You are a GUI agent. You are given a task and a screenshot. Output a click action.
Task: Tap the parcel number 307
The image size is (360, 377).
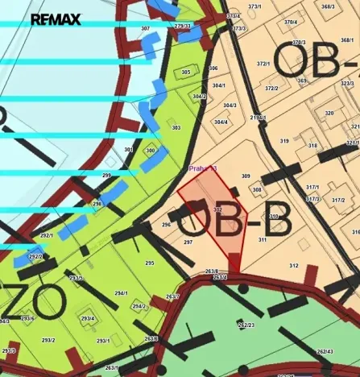point(145,28)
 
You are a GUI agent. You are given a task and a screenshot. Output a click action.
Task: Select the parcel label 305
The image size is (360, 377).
point(186,72)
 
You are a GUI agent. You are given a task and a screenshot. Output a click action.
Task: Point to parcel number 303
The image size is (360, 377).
point(176,127)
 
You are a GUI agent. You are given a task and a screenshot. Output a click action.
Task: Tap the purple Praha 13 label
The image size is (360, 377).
point(202,168)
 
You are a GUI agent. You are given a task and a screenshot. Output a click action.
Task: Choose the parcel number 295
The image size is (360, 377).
point(149,263)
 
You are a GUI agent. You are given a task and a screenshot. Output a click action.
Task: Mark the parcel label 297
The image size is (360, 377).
point(188,242)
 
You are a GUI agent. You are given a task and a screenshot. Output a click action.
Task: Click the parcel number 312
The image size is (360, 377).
point(293,265)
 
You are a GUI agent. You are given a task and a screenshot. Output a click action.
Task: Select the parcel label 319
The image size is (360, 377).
point(283,141)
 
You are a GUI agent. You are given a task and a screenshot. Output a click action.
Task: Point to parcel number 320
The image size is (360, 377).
point(329,113)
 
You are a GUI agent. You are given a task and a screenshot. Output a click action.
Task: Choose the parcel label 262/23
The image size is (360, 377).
point(246,325)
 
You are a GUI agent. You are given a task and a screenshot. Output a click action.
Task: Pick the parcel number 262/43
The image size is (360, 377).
point(325,351)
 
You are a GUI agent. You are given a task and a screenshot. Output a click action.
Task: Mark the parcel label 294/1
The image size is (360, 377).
point(122,293)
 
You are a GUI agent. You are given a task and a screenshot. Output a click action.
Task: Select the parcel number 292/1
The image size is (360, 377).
point(47,235)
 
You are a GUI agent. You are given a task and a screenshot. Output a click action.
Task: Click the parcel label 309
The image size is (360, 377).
point(246,176)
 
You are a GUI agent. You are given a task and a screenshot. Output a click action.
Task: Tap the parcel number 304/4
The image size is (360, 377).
point(221,122)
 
